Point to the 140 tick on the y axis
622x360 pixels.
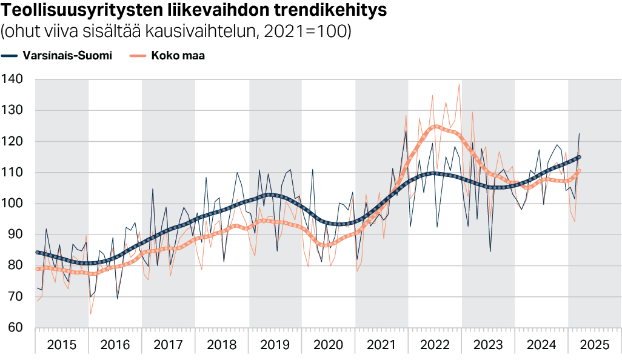[x=13, y=79]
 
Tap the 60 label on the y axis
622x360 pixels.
[x=16, y=328]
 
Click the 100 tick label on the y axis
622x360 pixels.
[x=13, y=204]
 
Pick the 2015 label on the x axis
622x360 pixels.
[x=61, y=345]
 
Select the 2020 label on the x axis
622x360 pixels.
[x=328, y=345]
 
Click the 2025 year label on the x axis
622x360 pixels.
[x=594, y=345]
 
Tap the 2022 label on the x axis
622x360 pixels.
[x=435, y=345]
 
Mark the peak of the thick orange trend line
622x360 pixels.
[x=436, y=126]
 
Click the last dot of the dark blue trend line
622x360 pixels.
[x=579, y=157]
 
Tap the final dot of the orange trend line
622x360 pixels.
[x=579, y=171]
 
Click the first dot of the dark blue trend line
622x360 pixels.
[x=37, y=252]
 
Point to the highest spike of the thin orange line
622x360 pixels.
[x=459, y=84]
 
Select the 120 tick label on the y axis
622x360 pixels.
[x=13, y=141]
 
